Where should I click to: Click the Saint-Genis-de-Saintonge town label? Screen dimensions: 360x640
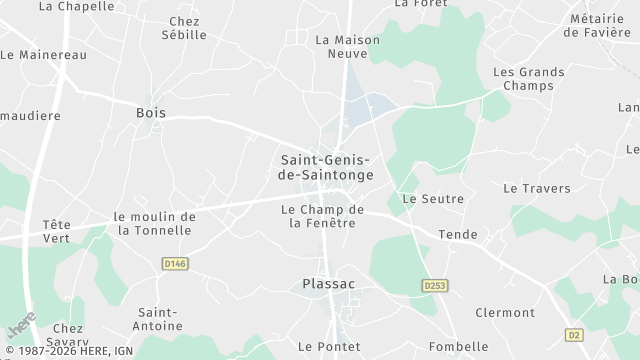pyautogui.click(x=324, y=166)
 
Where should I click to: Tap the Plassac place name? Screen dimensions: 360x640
pyautogui.click(x=328, y=284)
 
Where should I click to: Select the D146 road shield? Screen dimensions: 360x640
pyautogui.click(x=175, y=263)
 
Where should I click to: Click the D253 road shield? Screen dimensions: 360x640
pyautogui.click(x=433, y=286)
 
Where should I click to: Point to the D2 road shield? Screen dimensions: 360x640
pyautogui.click(x=573, y=334)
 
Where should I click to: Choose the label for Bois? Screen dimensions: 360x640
pyautogui.click(x=150, y=113)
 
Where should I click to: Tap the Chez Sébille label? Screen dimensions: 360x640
pyautogui.click(x=184, y=28)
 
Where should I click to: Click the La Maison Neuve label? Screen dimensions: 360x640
pyautogui.click(x=348, y=46)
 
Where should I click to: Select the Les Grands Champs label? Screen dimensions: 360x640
pyautogui.click(x=529, y=80)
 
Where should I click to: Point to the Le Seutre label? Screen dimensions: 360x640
pyautogui.click(x=432, y=199)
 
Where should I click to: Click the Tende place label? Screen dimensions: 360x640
pyautogui.click(x=458, y=235)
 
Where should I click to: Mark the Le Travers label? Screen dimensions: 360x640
pyautogui.click(x=536, y=188)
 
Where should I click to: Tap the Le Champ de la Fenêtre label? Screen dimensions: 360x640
pyautogui.click(x=322, y=216)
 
